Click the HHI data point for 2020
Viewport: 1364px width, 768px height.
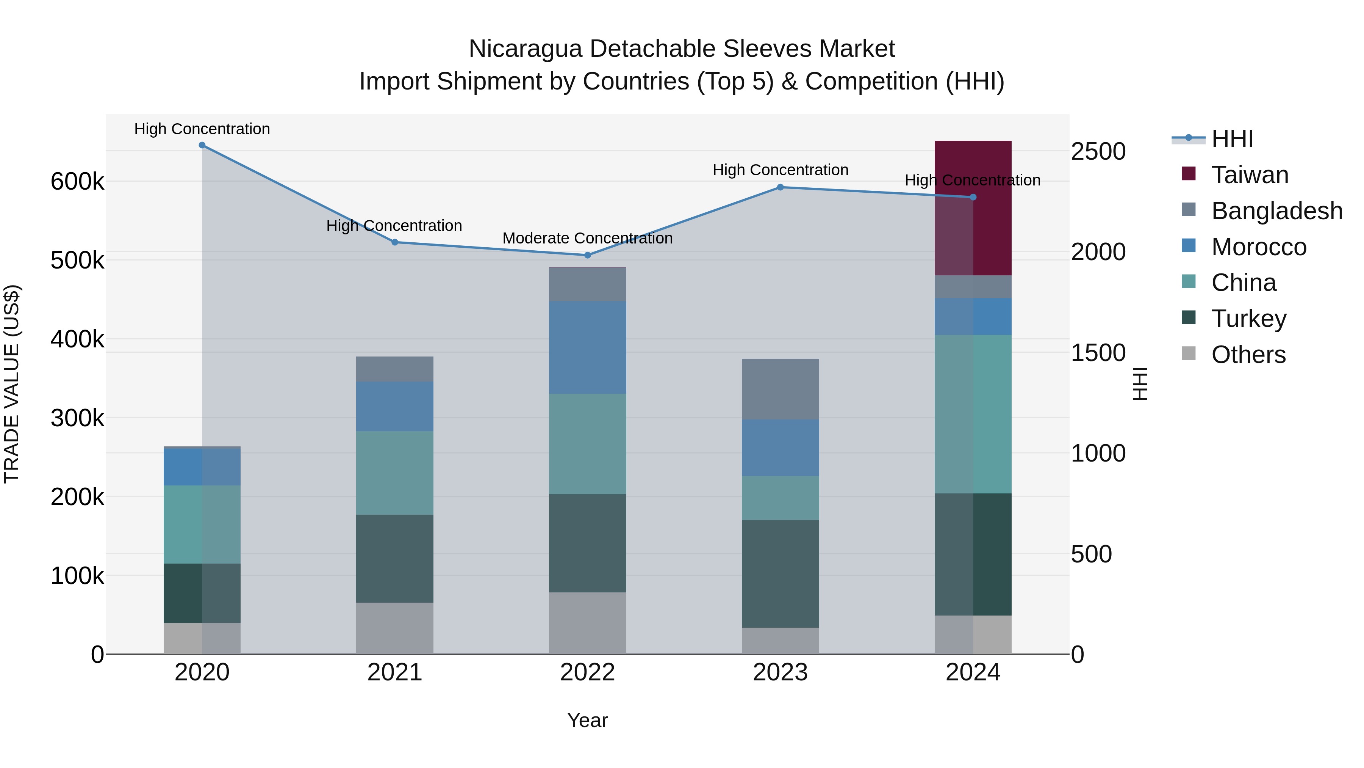click(202, 145)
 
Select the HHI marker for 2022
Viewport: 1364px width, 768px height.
click(587, 255)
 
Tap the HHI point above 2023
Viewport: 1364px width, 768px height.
click(780, 187)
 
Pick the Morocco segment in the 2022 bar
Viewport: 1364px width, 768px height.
click(587, 347)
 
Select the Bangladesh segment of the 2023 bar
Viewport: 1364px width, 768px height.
click(780, 389)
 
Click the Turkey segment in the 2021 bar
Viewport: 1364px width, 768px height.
click(394, 558)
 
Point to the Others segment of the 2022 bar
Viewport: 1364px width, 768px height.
click(587, 623)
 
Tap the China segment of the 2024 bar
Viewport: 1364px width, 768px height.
click(973, 414)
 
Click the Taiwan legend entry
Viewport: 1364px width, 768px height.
click(1250, 175)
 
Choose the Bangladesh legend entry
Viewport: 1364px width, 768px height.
click(1276, 211)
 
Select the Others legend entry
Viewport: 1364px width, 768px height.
click(1248, 355)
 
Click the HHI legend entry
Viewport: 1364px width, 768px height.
click(1232, 139)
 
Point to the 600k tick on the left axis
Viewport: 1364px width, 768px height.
click(77, 182)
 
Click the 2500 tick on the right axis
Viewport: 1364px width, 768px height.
click(1098, 152)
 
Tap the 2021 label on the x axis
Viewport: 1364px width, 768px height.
click(394, 672)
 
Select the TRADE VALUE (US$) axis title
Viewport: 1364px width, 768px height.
click(12, 384)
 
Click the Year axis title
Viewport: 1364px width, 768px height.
click(587, 720)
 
